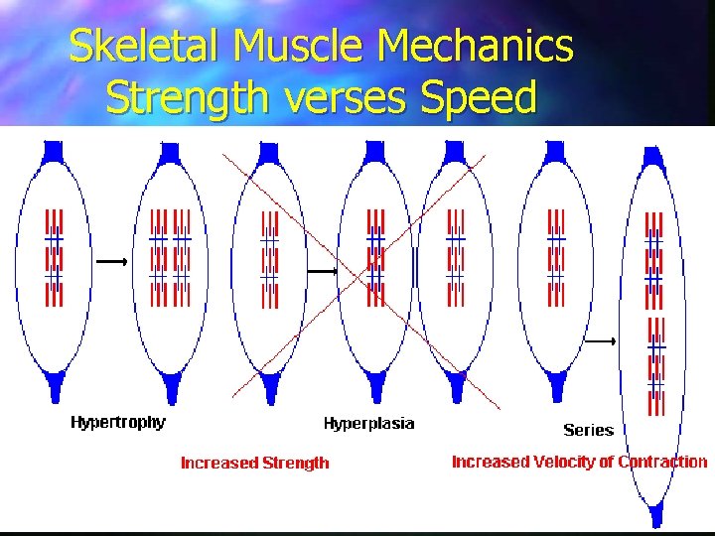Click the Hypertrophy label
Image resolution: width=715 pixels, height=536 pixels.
pos(118,422)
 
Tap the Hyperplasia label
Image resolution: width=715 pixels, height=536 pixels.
pos(368,424)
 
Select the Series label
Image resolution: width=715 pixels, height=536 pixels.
pos(588,430)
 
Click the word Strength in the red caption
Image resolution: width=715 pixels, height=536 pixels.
pos(294,463)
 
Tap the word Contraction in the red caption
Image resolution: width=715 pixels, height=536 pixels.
pos(662,462)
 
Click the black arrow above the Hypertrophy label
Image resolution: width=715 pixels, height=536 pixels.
pos(112,261)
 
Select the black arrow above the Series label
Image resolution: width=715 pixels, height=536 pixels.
pos(601,341)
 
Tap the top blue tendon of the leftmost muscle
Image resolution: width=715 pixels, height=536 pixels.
pos(54,152)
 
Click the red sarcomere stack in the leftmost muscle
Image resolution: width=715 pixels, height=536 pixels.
pos(54,257)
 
